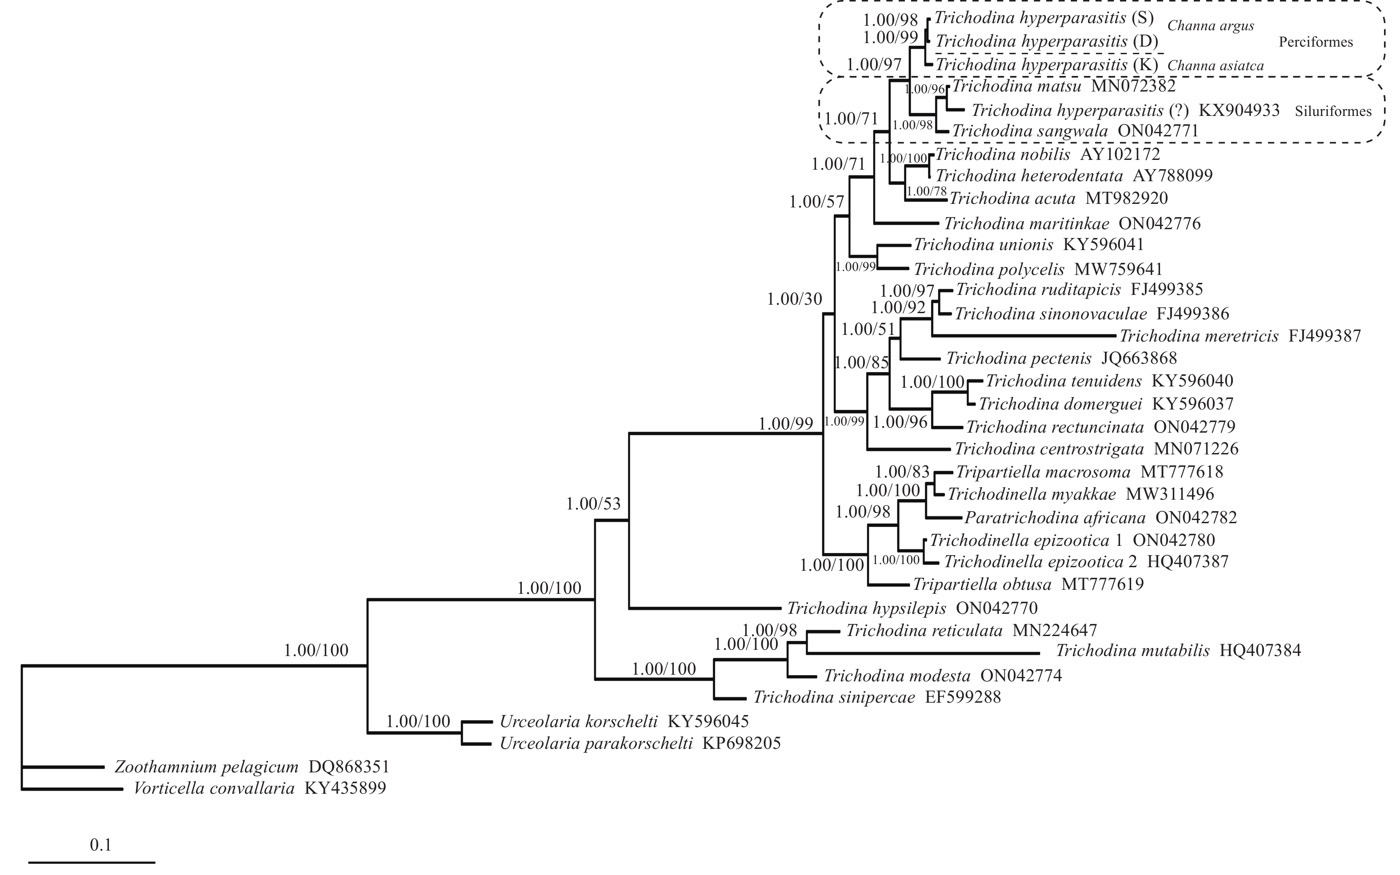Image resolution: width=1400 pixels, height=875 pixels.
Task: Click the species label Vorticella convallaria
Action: pyautogui.click(x=214, y=789)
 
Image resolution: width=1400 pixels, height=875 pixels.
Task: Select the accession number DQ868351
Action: pyautogui.click(x=349, y=768)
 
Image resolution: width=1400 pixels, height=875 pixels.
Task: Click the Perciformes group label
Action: pyautogui.click(x=1316, y=42)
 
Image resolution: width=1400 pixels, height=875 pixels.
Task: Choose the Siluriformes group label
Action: pyautogui.click(x=1333, y=111)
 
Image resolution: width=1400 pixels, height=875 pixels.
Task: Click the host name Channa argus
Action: pyautogui.click(x=1211, y=26)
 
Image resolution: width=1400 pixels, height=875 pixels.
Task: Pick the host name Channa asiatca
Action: pyautogui.click(x=1215, y=66)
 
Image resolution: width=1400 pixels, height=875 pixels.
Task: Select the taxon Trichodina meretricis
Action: pyautogui.click(x=1199, y=336)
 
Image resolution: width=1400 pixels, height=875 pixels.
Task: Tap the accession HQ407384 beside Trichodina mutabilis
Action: pyautogui.click(x=1260, y=651)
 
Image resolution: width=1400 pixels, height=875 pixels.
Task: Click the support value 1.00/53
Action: pyautogui.click(x=593, y=504)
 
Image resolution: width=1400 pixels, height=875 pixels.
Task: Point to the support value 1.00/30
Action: pyautogui.click(x=794, y=299)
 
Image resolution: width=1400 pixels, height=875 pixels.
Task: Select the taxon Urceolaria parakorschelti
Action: pyautogui.click(x=596, y=743)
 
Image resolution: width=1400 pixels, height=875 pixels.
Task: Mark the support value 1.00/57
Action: pyautogui.click(x=816, y=203)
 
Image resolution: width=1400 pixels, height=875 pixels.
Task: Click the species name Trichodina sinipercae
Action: pyautogui.click(x=834, y=697)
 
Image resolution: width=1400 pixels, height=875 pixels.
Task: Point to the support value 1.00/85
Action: pyautogui.click(x=861, y=363)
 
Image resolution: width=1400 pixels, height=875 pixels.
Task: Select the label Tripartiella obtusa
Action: pyautogui.click(x=982, y=585)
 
